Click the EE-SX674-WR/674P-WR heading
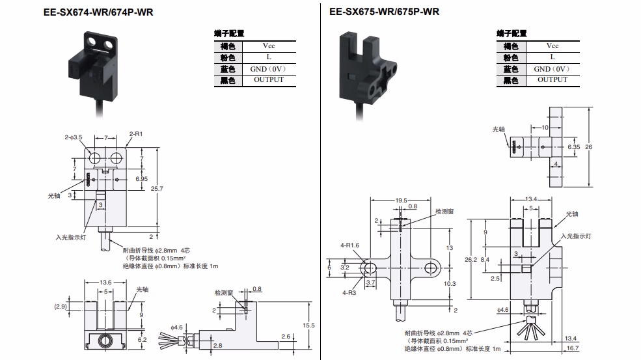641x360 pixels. coord(98,12)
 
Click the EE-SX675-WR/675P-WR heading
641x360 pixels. coord(384,12)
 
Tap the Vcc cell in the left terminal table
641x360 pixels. coord(269,46)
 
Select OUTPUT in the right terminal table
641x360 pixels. coord(552,80)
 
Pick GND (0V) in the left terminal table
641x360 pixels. coord(268,69)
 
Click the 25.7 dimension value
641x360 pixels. coord(157,189)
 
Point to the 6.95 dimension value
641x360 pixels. coord(141,179)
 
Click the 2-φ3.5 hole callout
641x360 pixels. coord(73,137)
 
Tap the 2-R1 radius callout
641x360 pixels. coord(136,134)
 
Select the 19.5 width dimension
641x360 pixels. coord(401,201)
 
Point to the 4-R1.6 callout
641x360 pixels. coord(349,245)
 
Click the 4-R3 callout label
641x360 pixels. coord(349,293)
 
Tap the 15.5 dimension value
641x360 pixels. coord(308,325)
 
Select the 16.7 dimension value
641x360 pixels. coord(572,348)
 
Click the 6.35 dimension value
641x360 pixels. coord(573,147)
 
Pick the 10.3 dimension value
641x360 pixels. coord(450,283)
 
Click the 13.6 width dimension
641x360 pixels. coord(105,283)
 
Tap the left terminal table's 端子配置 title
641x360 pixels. coord(229,34)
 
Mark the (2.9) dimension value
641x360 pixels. coord(61,307)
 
